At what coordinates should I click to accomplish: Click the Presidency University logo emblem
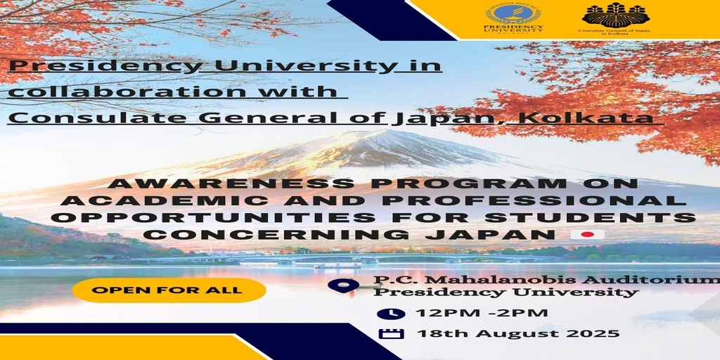click(513, 14)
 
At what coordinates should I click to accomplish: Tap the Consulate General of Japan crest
click(615, 14)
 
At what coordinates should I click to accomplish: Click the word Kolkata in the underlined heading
click(590, 118)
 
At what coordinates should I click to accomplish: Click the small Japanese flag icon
click(587, 235)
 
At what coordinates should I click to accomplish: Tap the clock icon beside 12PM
click(391, 314)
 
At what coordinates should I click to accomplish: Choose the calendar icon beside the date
click(391, 333)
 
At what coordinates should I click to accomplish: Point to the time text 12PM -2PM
click(482, 313)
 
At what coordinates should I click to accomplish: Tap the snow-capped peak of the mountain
click(367, 138)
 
